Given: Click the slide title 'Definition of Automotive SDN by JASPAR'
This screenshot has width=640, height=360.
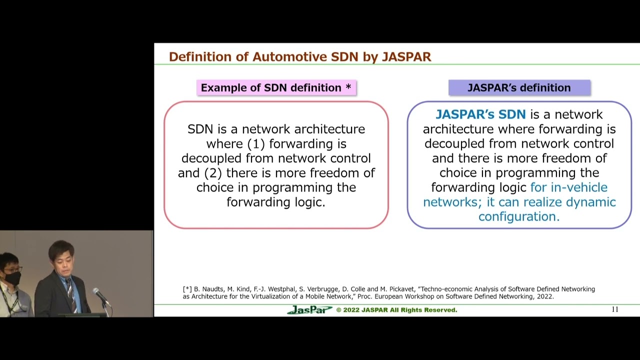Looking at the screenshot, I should (x=299, y=57).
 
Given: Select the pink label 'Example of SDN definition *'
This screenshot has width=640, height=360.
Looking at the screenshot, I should (x=276, y=88).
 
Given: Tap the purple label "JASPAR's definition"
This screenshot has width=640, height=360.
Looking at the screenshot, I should (x=519, y=88).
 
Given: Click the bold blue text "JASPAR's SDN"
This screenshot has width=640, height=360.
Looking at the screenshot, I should (x=480, y=114).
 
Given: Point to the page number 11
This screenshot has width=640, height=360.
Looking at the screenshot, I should (x=615, y=309).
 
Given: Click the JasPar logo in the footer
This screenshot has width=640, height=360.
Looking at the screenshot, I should (x=309, y=310).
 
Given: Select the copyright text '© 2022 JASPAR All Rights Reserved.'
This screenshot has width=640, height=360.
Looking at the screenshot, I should (x=396, y=310).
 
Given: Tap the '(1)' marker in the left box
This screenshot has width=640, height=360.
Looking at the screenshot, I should (x=256, y=144).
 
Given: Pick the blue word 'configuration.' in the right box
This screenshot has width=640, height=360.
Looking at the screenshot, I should (x=519, y=216).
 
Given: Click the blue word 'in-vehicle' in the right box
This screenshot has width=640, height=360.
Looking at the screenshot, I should (x=579, y=187).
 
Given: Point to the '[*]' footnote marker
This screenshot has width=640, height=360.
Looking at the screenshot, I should (x=187, y=289).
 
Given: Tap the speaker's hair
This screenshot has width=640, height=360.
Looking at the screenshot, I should (x=61, y=248).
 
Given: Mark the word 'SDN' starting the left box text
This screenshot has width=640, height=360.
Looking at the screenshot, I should (x=200, y=129).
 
